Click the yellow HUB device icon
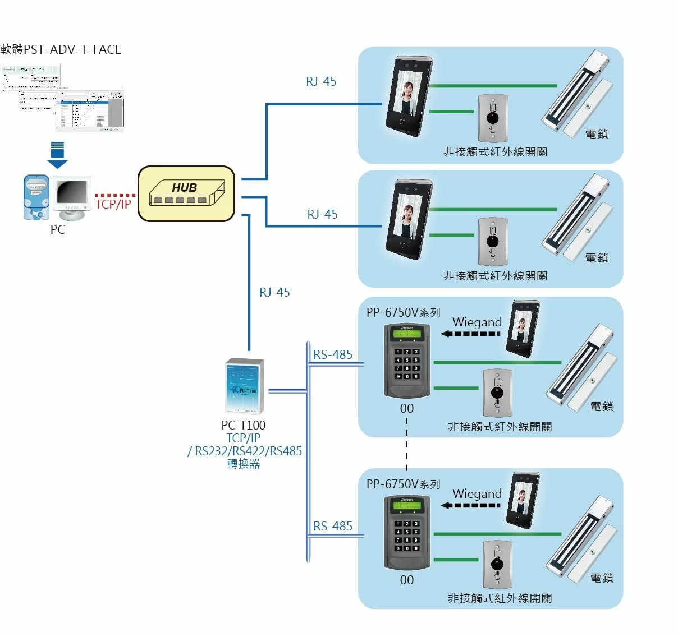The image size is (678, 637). coord(186,193)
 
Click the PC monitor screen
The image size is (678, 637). coord(72,193)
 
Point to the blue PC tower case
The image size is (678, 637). coord(36,197)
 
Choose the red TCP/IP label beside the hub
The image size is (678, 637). coord(113,205)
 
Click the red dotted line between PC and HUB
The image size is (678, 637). coord(115,195)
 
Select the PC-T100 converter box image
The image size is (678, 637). coord(244,386)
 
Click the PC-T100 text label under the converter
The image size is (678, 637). coord(243,425)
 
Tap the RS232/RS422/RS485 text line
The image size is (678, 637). coord(245,451)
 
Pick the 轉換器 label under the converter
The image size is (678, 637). coord(244,464)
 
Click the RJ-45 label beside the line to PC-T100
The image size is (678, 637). coord(274,292)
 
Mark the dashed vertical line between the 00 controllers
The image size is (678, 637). coord(406,443)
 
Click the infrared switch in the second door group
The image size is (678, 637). coord(493,242)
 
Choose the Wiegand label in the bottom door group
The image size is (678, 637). coord(477,494)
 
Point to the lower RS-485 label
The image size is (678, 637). coord(333,526)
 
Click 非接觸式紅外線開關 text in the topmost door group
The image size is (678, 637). coord(494,152)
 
